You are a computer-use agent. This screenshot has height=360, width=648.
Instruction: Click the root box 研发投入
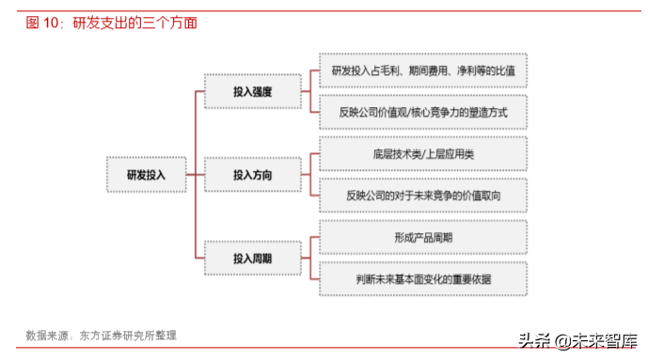146,174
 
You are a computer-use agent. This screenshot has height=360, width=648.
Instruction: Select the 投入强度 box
252,92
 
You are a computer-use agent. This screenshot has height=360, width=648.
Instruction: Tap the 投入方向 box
252,174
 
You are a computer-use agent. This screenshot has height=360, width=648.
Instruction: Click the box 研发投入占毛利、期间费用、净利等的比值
423,71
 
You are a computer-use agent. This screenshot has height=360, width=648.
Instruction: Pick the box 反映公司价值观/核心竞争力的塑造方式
423,112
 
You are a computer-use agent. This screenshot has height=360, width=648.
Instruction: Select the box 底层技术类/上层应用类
423,153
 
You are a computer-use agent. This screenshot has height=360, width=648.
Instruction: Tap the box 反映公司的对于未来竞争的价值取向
423,196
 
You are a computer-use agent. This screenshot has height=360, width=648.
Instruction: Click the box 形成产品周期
423,237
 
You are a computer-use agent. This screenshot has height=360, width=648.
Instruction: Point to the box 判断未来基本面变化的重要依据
423,278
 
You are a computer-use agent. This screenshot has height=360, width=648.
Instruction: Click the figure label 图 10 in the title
42,22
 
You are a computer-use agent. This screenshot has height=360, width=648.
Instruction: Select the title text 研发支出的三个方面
136,22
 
